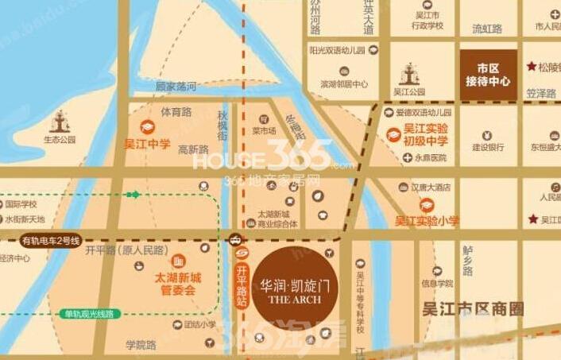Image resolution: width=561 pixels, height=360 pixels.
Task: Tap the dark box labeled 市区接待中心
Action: (x=488, y=74)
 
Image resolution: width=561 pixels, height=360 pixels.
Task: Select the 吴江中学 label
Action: (x=147, y=144)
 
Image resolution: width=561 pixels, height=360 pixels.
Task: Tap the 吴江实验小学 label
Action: (x=427, y=221)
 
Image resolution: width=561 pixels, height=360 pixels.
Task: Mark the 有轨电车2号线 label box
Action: (x=52, y=240)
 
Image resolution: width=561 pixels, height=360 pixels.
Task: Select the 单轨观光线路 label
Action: (x=89, y=314)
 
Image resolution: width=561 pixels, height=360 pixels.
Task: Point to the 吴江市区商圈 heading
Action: (x=474, y=308)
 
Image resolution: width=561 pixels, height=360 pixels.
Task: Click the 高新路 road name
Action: (x=193, y=149)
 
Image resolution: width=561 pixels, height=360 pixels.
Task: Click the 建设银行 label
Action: (x=488, y=146)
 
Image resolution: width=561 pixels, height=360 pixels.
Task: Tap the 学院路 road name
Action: (x=141, y=344)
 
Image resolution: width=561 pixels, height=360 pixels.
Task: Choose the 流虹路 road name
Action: (x=487, y=29)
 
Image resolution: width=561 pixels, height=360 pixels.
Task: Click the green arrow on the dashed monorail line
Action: (x=133, y=194)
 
